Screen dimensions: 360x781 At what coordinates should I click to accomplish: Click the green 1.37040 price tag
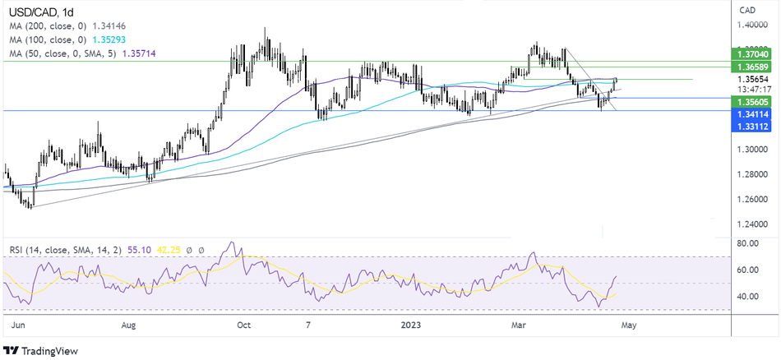753,53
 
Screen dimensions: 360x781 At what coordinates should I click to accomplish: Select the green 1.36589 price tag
753,65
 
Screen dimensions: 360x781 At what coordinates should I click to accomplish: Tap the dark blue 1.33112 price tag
753,127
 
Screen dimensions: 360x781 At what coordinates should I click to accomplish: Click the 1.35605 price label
753,99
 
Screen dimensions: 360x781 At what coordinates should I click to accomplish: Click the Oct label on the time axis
243,325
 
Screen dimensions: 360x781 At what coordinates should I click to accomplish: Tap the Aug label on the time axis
129,325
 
